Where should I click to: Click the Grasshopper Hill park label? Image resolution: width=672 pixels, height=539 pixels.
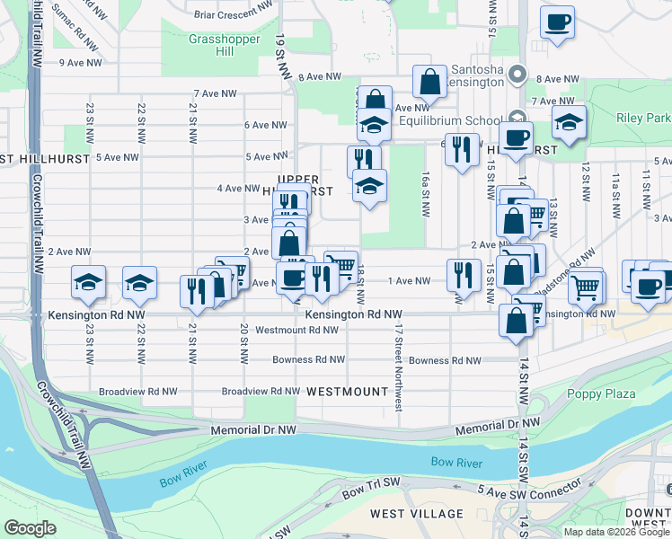[211, 45]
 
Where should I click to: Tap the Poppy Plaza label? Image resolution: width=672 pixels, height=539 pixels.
[601, 393]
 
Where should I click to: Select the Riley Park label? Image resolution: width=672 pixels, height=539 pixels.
[643, 118]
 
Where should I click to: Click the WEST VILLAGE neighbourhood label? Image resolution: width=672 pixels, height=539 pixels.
[418, 514]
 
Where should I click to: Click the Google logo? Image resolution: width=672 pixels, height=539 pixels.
[31, 528]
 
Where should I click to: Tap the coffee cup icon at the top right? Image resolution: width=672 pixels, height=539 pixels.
[557, 22]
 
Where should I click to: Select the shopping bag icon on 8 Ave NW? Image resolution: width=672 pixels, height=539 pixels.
[430, 82]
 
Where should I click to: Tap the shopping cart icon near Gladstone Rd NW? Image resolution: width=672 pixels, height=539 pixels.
[586, 287]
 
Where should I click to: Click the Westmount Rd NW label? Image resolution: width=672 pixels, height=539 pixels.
[296, 330]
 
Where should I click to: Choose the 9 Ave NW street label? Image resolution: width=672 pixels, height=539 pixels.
[79, 63]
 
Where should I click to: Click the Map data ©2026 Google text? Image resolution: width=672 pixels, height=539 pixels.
[616, 531]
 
